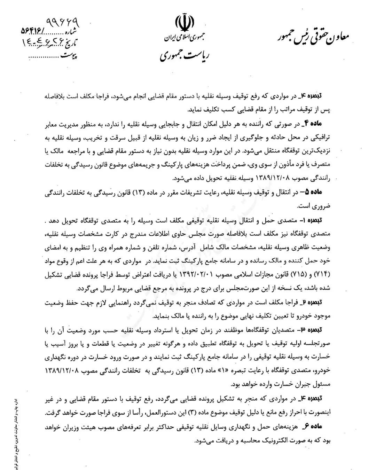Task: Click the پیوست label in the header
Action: (x=69, y=56)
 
